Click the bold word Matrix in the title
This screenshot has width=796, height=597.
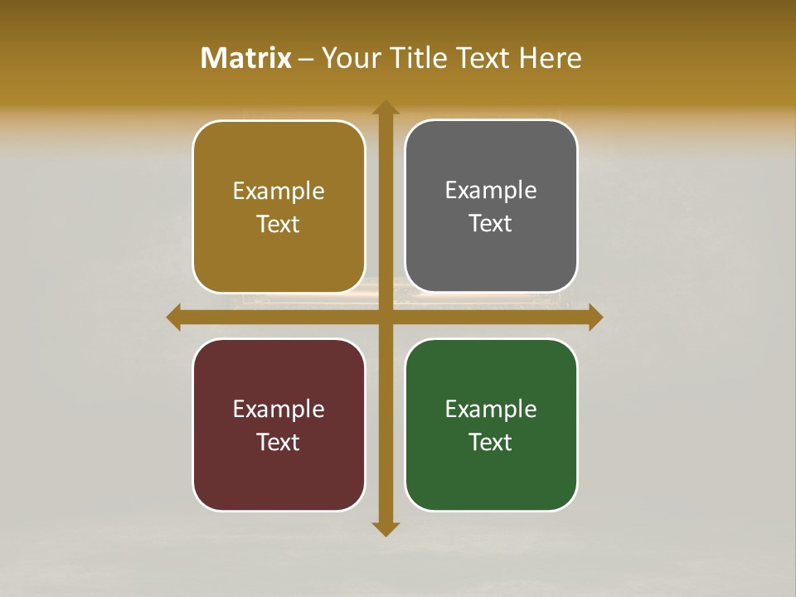246,58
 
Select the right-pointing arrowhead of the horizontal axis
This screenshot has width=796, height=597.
595,317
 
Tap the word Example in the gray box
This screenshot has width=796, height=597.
491,191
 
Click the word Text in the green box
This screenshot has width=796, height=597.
491,442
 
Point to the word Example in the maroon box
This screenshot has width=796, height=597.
279,409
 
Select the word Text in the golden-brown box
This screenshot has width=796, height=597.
279,224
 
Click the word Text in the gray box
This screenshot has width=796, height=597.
491,223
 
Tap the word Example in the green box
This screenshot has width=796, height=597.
491,409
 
